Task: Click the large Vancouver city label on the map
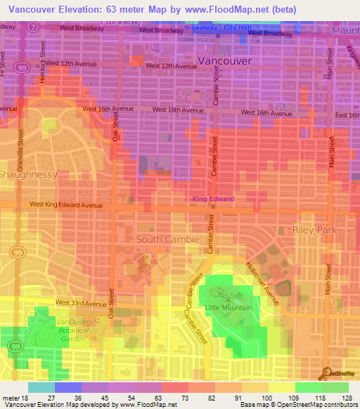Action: [x=224, y=61]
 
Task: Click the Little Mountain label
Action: [x=229, y=308]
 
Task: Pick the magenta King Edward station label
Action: [x=213, y=200]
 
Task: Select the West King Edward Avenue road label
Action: [x=66, y=205]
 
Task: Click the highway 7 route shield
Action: [x=33, y=26]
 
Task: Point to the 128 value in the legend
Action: [x=347, y=398]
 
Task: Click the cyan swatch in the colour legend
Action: [x=41, y=387]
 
